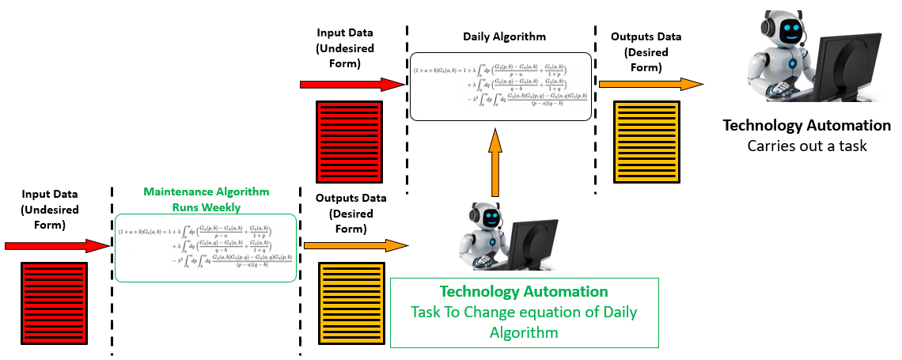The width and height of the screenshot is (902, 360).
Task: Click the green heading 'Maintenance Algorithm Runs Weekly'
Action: coord(206,199)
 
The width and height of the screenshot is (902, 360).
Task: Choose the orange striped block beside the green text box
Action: coord(351,304)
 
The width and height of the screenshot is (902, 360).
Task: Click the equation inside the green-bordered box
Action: coord(206,247)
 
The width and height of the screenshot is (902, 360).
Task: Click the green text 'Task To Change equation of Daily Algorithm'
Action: coord(524,322)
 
